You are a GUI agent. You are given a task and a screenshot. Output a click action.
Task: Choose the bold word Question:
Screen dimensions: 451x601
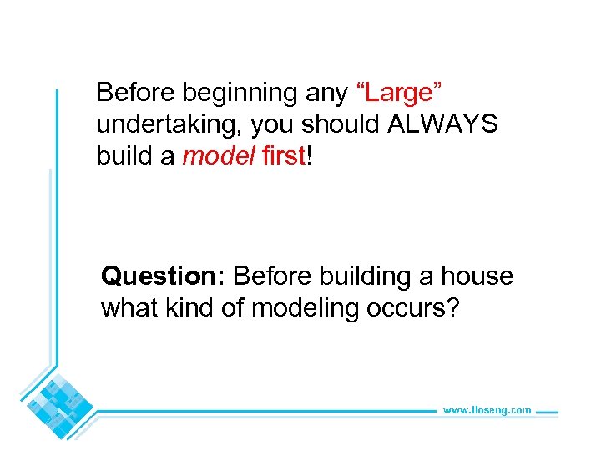click(164, 276)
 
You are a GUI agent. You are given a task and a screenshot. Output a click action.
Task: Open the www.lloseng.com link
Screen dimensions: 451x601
click(487, 410)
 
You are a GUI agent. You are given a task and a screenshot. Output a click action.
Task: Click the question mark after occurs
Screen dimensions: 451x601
click(452, 308)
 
